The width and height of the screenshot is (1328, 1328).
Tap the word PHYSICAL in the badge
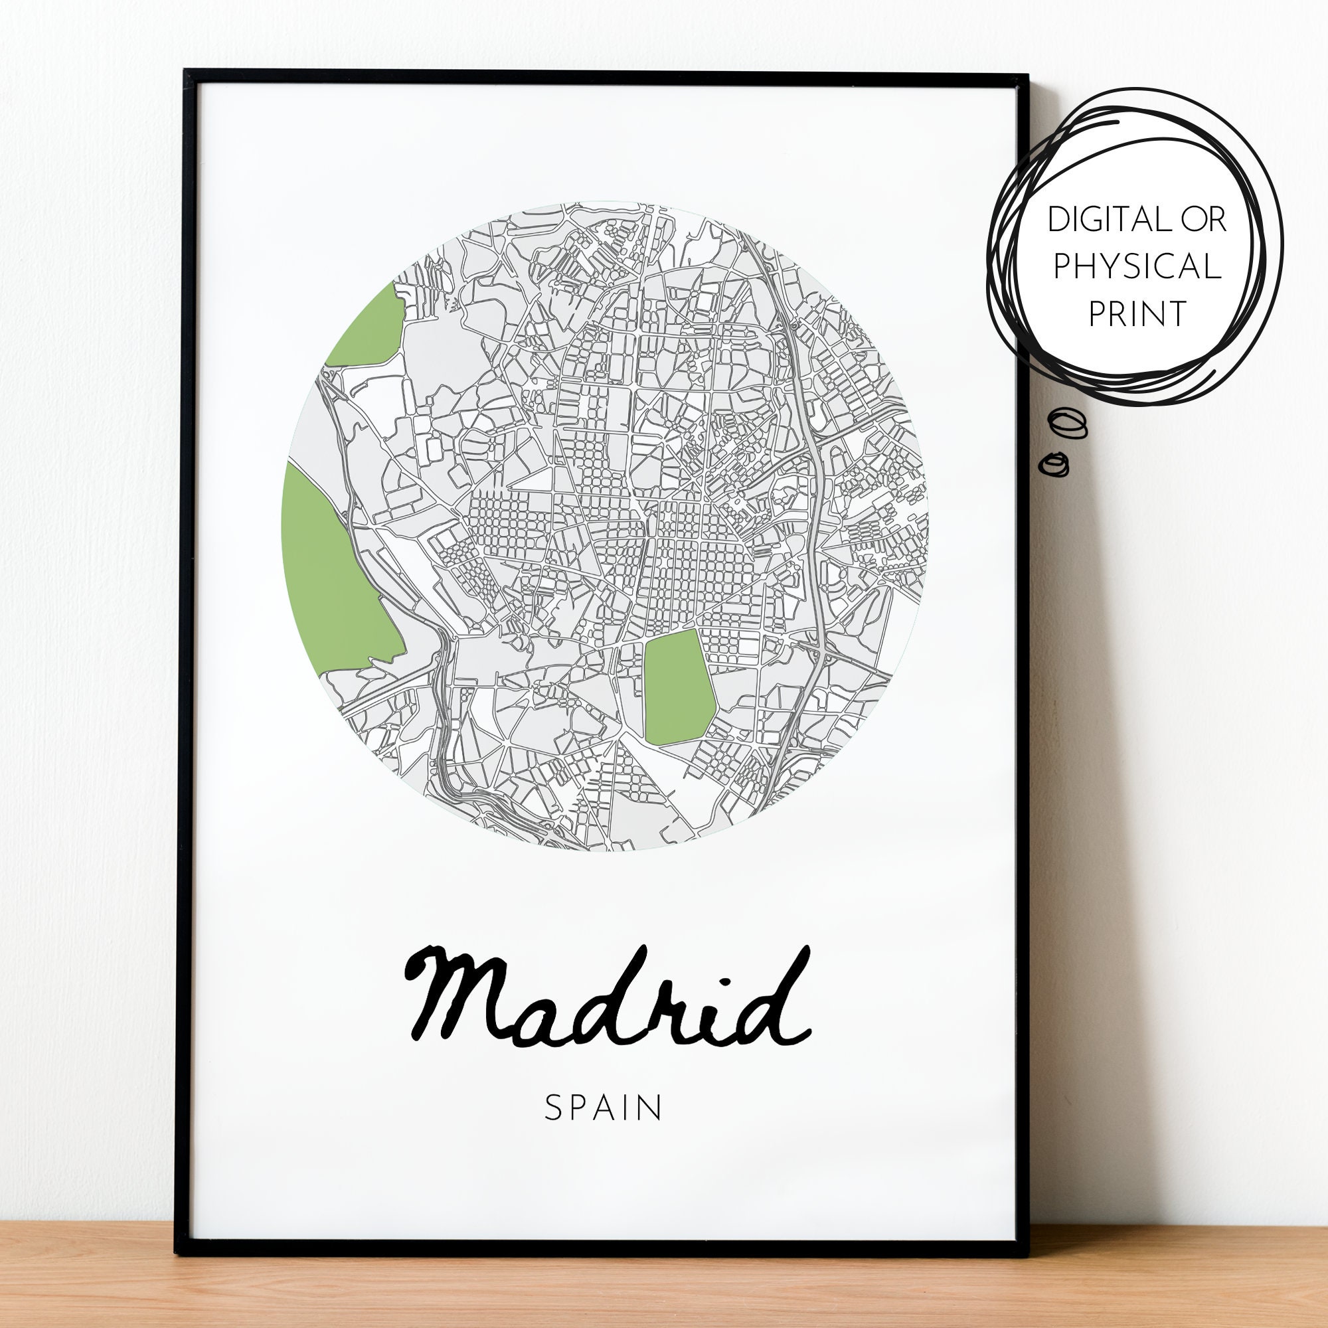click(1137, 266)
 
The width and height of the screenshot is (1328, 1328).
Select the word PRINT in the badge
click(1137, 313)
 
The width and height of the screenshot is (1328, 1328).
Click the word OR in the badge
click(1204, 219)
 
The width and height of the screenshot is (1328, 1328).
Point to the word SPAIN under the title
click(603, 1108)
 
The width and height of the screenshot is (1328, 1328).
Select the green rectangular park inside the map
click(679, 687)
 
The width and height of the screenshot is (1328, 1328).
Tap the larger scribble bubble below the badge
click(1067, 423)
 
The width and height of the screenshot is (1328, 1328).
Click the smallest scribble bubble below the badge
click(1054, 464)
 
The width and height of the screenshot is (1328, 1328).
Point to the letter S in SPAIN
click(551, 1108)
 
